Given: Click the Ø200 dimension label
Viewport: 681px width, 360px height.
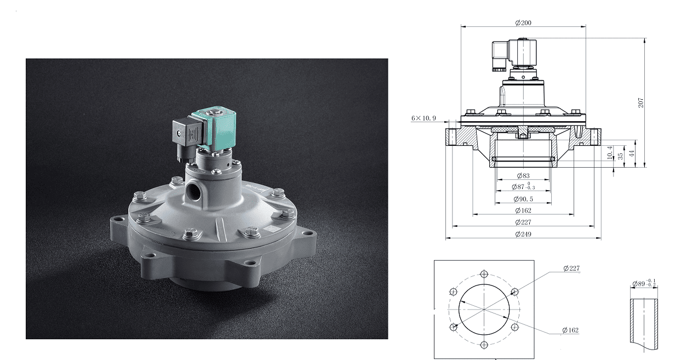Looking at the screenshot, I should click(x=523, y=23).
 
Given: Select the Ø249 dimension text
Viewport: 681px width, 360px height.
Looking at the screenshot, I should click(x=523, y=235).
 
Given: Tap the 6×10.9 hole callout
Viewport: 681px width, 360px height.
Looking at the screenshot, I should click(x=424, y=118).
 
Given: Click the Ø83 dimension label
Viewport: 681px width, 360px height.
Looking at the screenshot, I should click(x=523, y=176).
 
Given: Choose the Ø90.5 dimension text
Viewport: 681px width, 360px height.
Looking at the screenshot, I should click(x=524, y=199).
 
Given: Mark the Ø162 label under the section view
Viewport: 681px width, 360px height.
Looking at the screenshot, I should click(x=523, y=210).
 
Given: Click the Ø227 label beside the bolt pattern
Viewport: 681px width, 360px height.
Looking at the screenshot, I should click(x=571, y=268).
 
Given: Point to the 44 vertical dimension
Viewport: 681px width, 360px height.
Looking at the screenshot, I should click(x=631, y=153).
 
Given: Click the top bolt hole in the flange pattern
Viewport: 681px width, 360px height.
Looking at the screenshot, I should click(x=483, y=275).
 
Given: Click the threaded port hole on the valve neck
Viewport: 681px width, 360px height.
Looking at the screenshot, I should click(x=193, y=192).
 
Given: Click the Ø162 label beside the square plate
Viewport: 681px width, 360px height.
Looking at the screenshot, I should click(x=570, y=330).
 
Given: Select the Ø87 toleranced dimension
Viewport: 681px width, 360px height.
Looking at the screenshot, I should click(x=523, y=187).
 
